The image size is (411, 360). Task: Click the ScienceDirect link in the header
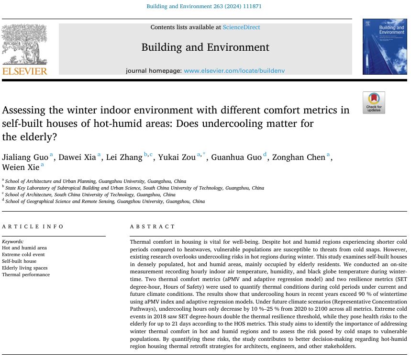pos(241,27)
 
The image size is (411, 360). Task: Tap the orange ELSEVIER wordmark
pos(25,71)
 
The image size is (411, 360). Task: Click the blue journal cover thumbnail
pos(384,47)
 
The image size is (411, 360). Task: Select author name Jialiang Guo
pos(25,157)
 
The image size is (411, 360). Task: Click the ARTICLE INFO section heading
pos(33,226)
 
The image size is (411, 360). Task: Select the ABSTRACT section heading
pos(153,226)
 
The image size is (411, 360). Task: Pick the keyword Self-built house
pos(19,261)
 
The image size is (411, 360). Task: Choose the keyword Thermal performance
pos(26,275)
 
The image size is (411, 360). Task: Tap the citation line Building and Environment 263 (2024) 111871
pos(205,6)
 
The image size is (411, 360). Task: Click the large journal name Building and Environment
pos(205,47)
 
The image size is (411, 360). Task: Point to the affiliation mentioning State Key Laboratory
pos(134,188)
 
